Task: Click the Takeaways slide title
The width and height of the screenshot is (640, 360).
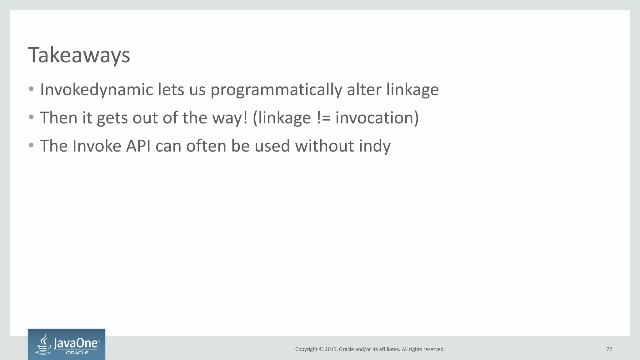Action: pyautogui.click(x=79, y=55)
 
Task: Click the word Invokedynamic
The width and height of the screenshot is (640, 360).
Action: pyautogui.click(x=97, y=90)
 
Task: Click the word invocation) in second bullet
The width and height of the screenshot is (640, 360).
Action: pyautogui.click(x=377, y=118)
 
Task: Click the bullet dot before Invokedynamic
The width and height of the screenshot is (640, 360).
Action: pyautogui.click(x=31, y=89)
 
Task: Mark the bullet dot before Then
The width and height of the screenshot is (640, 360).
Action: pyautogui.click(x=31, y=117)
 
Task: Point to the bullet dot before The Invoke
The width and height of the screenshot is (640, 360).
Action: pyautogui.click(x=31, y=146)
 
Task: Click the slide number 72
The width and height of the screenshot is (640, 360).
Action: pyautogui.click(x=609, y=349)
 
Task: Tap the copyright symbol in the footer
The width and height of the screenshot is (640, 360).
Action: pyautogui.click(x=321, y=349)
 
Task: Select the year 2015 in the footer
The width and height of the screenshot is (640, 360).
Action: pyautogui.click(x=331, y=349)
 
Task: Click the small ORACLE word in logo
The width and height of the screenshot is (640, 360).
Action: pyautogui.click(x=77, y=353)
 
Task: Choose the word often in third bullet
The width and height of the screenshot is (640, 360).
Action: pyautogui.click(x=206, y=146)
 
